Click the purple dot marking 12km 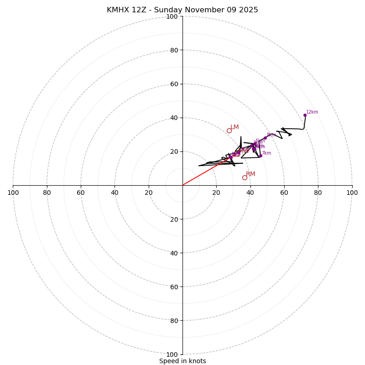[x=305, y=115]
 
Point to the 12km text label [x=312, y=112]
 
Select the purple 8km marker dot [x=265, y=138]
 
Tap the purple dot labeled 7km [x=261, y=156]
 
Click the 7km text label [x=266, y=153]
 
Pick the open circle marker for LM [x=229, y=130]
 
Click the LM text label [x=235, y=127]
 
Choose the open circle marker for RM [x=245, y=177]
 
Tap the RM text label [x=250, y=174]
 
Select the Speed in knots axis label [x=182, y=361]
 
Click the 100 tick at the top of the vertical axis [x=172, y=16]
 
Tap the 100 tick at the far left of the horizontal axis [x=13, y=193]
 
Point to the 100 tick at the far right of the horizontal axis [x=352, y=193]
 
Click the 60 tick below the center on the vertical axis [x=173, y=287]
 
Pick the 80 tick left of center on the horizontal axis [x=47, y=193]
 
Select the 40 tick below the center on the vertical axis [x=173, y=253]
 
